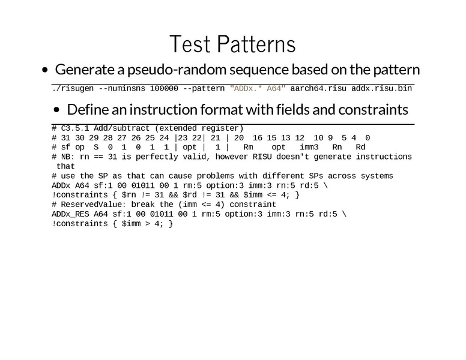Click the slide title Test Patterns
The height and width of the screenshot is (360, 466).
[232, 44]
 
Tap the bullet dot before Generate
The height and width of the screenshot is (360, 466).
[45, 70]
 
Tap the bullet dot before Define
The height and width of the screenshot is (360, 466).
[57, 110]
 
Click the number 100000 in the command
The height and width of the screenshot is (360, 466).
[164, 89]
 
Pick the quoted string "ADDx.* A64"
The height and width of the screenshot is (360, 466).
[258, 89]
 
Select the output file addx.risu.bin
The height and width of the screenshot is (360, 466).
[381, 89]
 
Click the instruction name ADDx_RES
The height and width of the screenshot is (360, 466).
[70, 214]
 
